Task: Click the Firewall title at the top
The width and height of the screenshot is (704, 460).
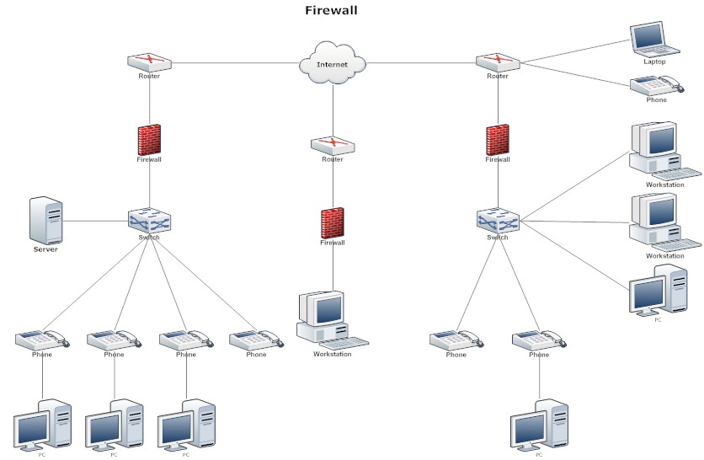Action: coord(331,11)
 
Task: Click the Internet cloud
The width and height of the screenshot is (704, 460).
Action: coord(333,65)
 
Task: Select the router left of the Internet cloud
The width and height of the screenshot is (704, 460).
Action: coord(149,62)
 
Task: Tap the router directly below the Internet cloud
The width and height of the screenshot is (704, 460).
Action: coord(333,145)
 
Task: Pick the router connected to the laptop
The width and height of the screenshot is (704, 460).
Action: coord(497,62)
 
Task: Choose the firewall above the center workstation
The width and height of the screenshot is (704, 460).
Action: coord(333,222)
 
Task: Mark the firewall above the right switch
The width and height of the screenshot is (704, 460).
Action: coord(498,139)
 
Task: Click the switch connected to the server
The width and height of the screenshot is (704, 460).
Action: coord(149,221)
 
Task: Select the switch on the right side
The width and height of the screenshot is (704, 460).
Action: coord(497,221)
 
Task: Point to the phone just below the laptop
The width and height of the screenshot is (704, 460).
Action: coord(656,85)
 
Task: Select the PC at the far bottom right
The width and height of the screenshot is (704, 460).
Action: coord(539,425)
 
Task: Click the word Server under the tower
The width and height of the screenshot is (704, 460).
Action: coord(45,249)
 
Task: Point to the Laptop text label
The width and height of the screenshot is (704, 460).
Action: coord(654,62)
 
